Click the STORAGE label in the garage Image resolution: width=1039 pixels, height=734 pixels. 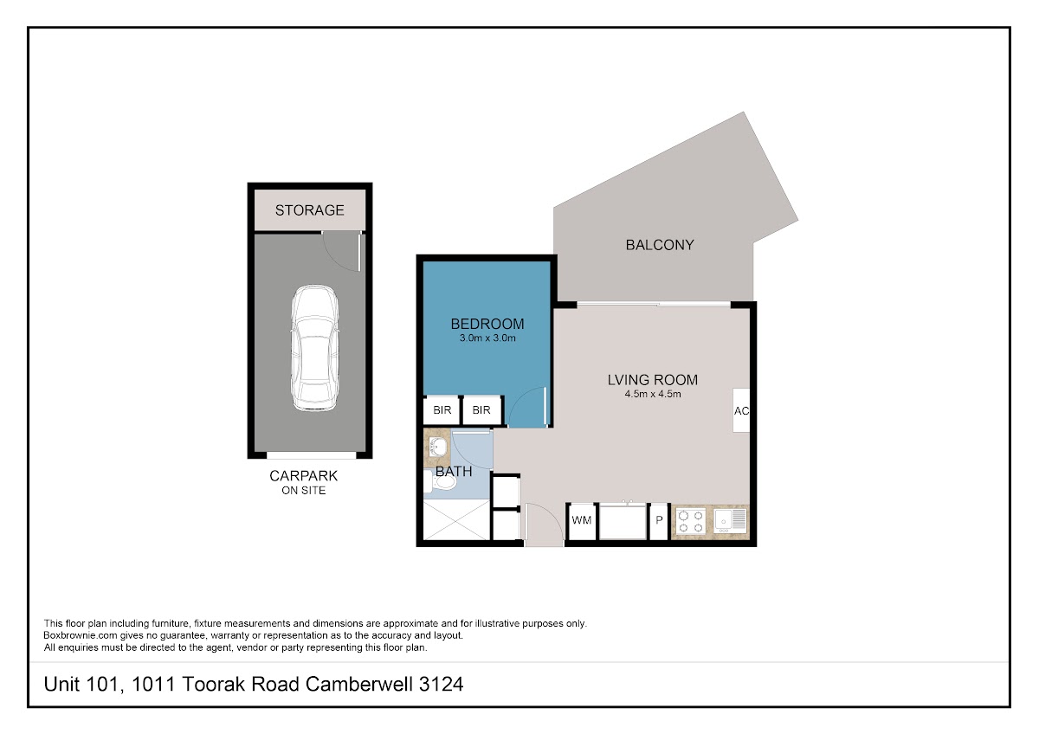[x=309, y=210]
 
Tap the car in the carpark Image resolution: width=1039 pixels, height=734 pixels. [x=315, y=348]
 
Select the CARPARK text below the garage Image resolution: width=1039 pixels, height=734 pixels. [x=303, y=476]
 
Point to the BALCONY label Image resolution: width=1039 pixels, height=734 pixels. [x=660, y=245]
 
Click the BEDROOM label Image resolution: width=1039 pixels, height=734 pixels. [x=487, y=324]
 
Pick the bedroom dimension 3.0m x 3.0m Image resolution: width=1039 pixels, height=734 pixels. [x=487, y=338]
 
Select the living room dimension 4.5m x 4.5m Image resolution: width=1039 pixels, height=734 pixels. [x=653, y=394]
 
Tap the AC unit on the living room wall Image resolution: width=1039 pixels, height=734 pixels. [x=741, y=410]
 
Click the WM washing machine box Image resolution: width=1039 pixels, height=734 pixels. [x=582, y=521]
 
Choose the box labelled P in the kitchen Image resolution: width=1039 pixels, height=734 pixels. [x=659, y=521]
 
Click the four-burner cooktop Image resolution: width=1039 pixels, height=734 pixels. [x=690, y=521]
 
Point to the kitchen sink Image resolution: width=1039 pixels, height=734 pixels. [x=730, y=520]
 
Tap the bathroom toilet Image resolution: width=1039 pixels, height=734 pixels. [x=440, y=481]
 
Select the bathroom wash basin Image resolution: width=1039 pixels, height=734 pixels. [x=437, y=447]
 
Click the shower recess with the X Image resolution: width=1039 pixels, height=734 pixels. [x=457, y=520]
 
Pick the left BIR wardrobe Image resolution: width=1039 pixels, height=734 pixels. [x=442, y=410]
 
